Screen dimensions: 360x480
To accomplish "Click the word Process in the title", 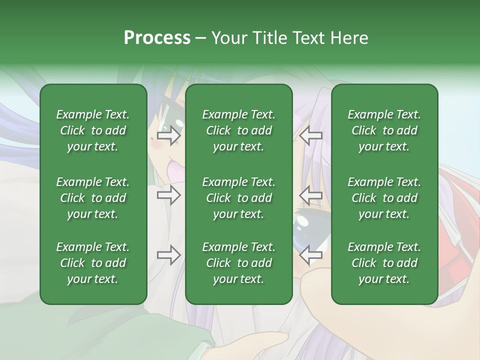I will point(157,38).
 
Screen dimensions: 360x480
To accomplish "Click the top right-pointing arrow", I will point(168,135).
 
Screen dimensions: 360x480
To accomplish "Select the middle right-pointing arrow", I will point(168,195).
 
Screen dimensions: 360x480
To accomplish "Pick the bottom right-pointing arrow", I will point(168,255).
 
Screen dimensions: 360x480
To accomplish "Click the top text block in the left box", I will point(93,130).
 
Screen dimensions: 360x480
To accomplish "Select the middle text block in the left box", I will point(93,198).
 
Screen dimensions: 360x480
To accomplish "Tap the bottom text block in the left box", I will point(93,263).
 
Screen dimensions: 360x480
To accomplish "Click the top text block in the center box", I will point(238,130).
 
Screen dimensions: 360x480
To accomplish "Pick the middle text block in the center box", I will point(238,198).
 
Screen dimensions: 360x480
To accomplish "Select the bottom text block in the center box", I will point(238,263).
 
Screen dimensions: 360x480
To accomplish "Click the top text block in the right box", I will point(384,130).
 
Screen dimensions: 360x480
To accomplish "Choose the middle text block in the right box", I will point(384,198).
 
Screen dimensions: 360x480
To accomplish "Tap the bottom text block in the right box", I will point(384,263).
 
